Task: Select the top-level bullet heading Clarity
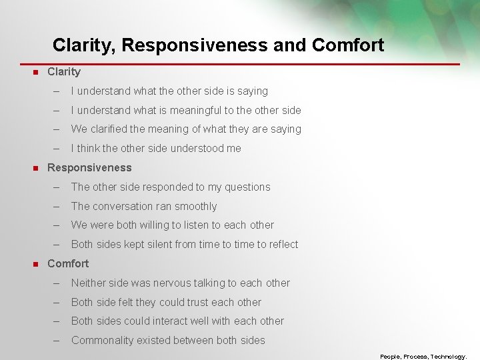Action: tap(64, 71)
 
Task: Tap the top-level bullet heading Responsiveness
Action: tap(89, 167)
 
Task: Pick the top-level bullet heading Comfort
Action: tap(68, 263)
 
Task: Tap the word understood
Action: tap(189, 148)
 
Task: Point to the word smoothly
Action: tap(196, 206)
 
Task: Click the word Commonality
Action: tap(102, 340)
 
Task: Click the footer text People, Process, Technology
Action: tap(423, 356)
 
